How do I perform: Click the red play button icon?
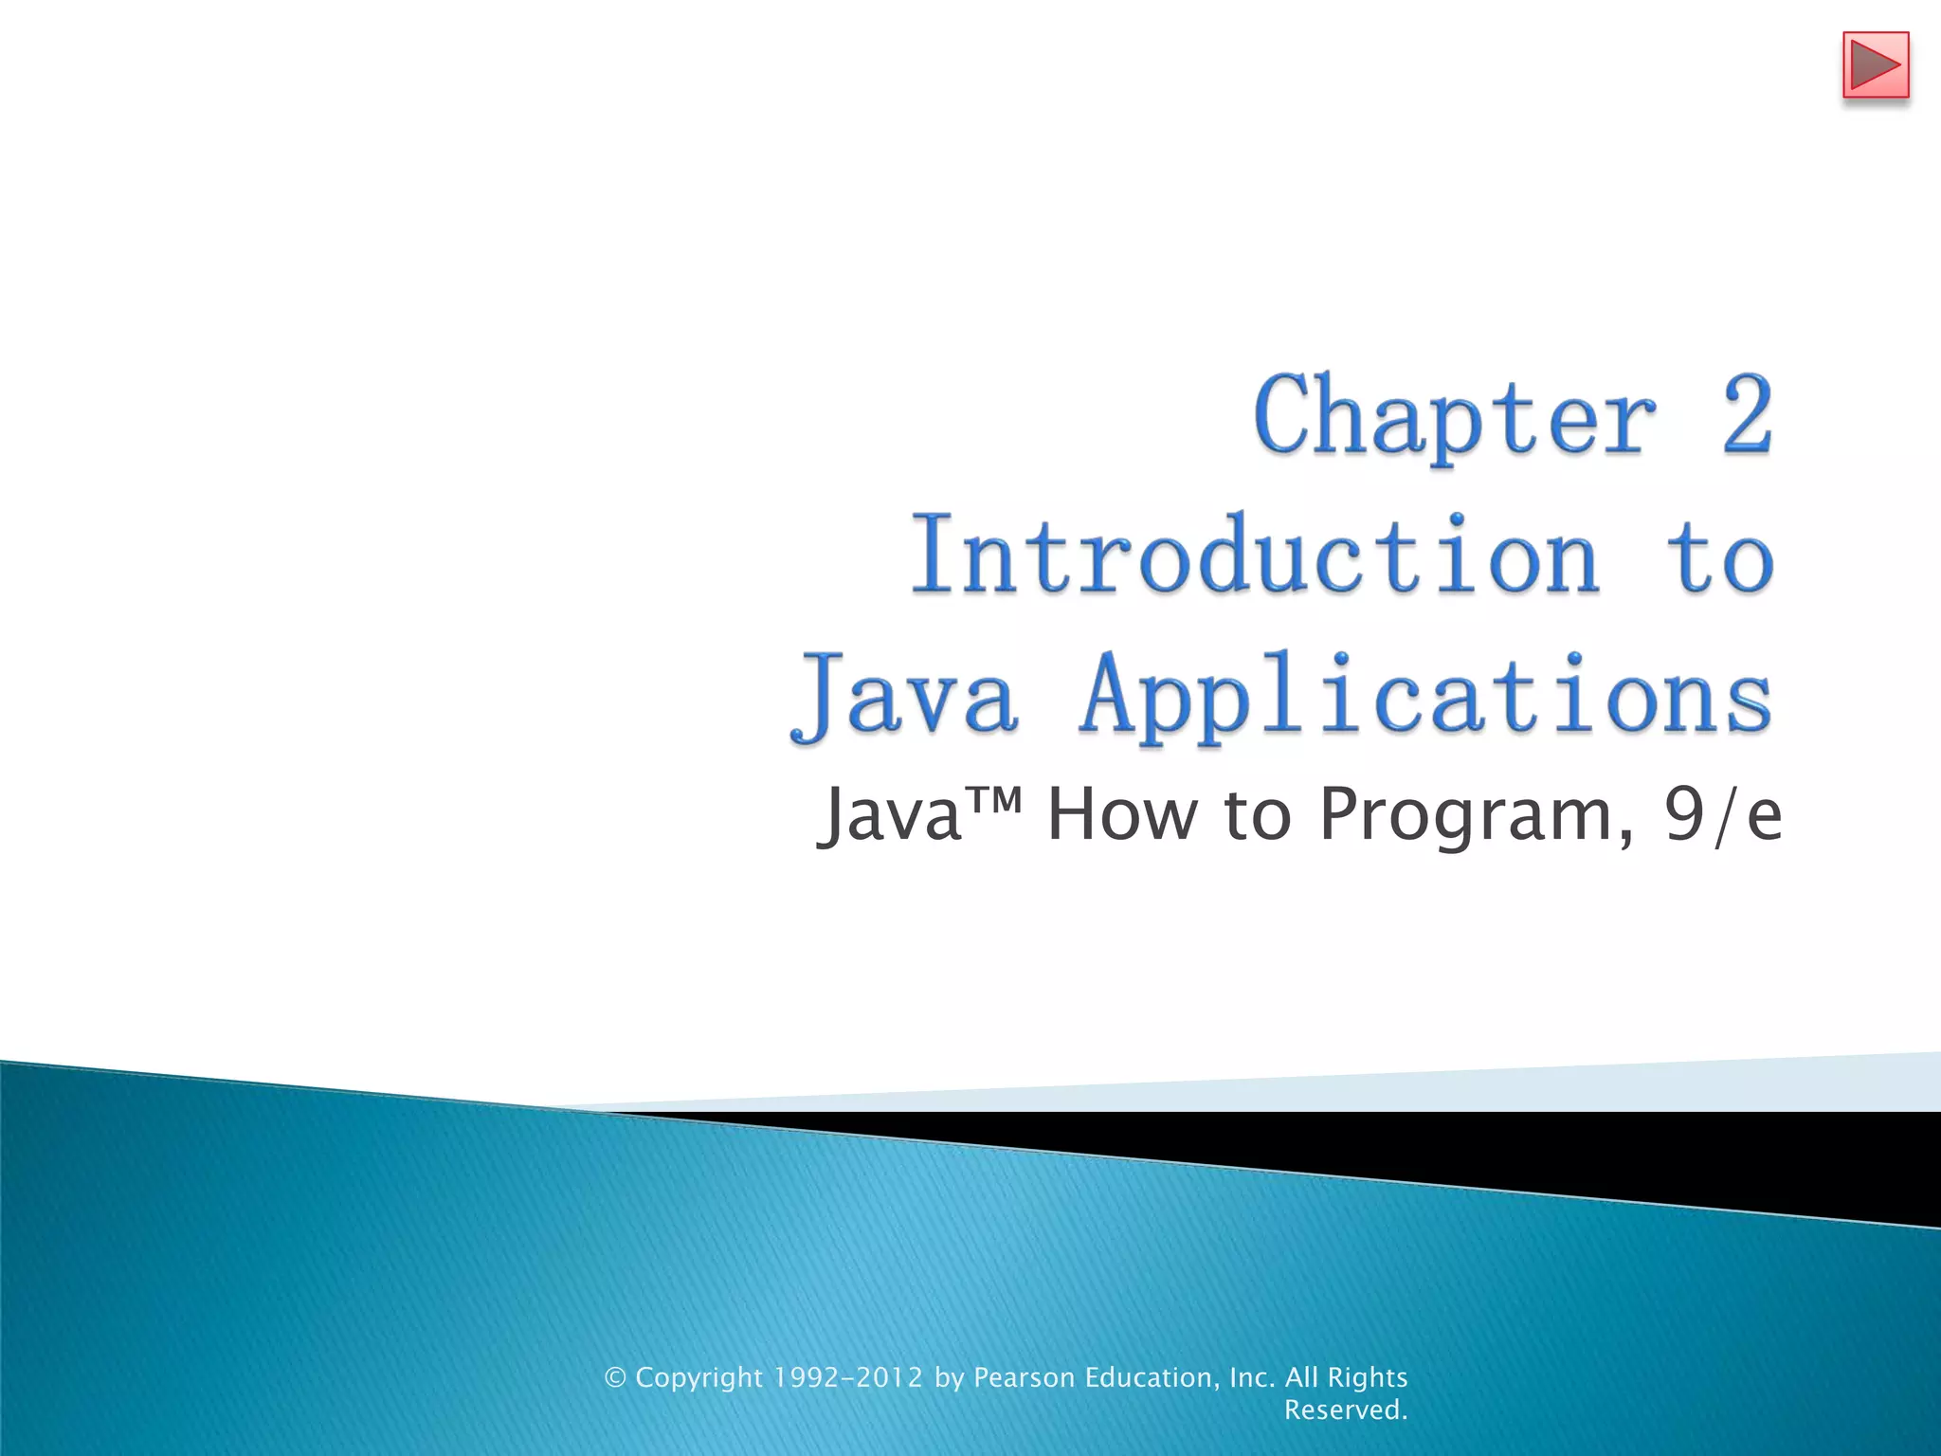(1875, 65)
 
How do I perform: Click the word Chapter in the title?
(1455, 417)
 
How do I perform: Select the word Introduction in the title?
(1256, 556)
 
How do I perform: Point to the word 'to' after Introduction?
(1720, 556)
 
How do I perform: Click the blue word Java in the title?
(905, 697)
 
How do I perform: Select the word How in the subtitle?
(1122, 815)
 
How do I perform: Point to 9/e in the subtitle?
(1723, 815)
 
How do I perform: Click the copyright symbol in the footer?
(616, 1377)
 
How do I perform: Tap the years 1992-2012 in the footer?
(847, 1377)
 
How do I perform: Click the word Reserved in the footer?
(1345, 1410)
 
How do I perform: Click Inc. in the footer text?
(1252, 1377)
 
